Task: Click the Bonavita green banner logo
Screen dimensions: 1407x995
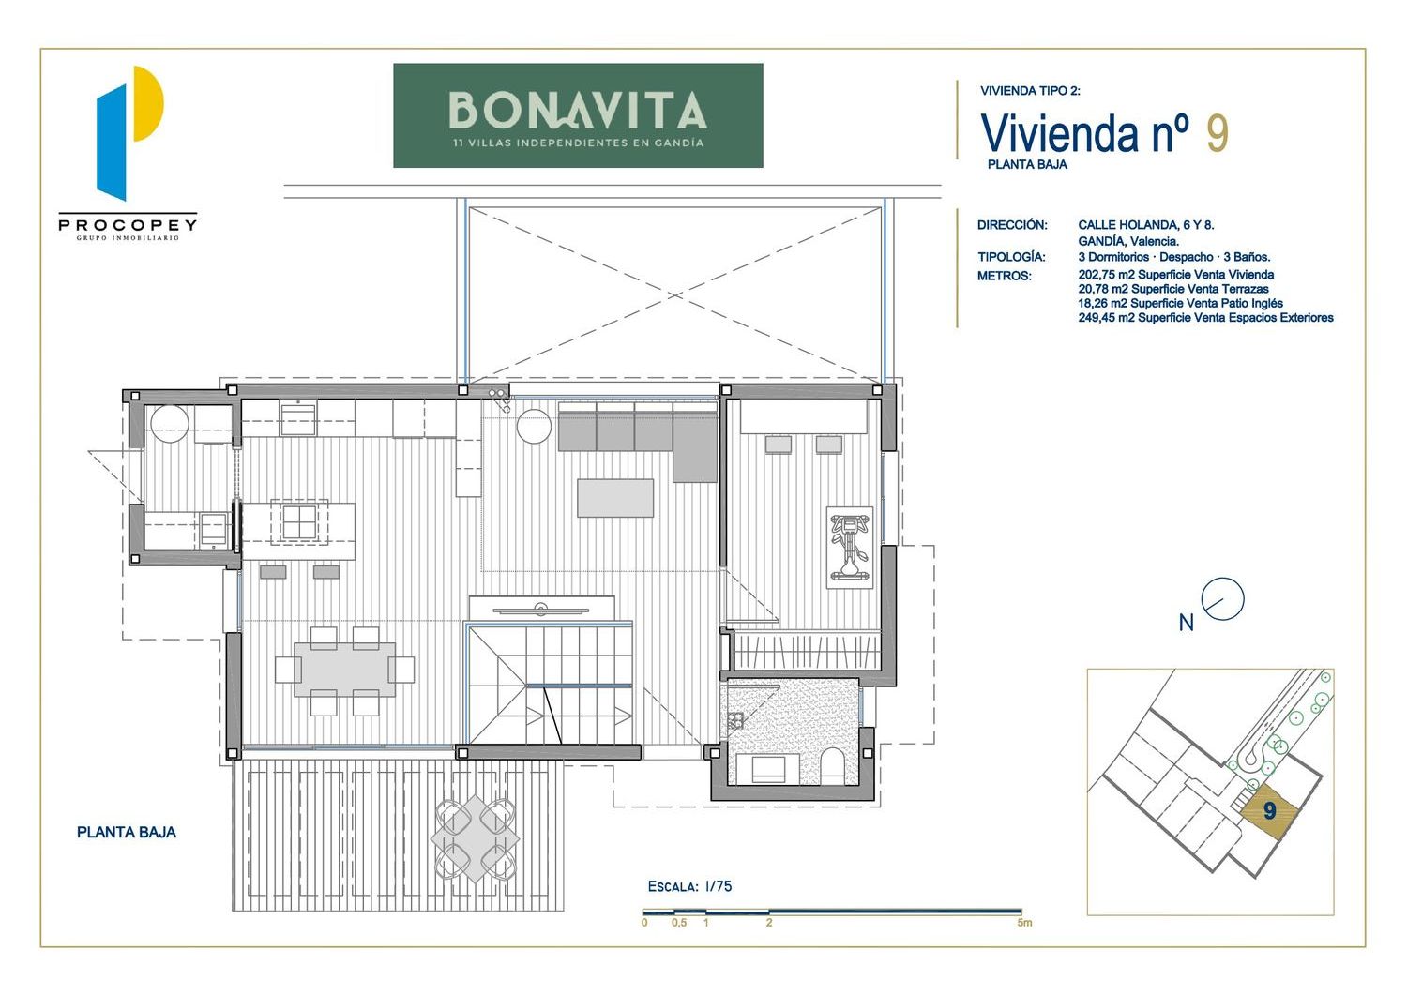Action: pos(578,115)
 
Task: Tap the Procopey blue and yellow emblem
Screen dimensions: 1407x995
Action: pos(129,133)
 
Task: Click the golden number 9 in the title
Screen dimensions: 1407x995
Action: pos(1218,133)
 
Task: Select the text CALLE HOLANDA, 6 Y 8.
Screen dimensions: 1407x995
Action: pos(1146,225)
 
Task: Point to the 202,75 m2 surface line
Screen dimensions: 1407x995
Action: pos(1176,275)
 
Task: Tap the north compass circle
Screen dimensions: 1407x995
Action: pos(1222,598)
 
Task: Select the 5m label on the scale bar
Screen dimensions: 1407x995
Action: pos(1024,923)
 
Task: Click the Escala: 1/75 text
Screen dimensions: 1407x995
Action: pos(689,886)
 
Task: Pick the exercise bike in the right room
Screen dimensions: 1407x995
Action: pos(849,547)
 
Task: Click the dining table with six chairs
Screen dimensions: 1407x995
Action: pos(345,670)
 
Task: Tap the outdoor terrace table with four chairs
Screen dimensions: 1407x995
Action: pos(476,838)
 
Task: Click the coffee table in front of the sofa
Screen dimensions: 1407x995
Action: pos(615,498)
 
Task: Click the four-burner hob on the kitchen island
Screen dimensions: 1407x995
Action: pos(298,521)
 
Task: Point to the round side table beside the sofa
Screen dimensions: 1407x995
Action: pos(534,427)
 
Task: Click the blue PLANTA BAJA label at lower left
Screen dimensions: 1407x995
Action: pos(127,833)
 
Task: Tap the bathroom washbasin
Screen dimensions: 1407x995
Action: pos(767,770)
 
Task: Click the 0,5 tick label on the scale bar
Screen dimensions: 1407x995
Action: pos(679,923)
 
